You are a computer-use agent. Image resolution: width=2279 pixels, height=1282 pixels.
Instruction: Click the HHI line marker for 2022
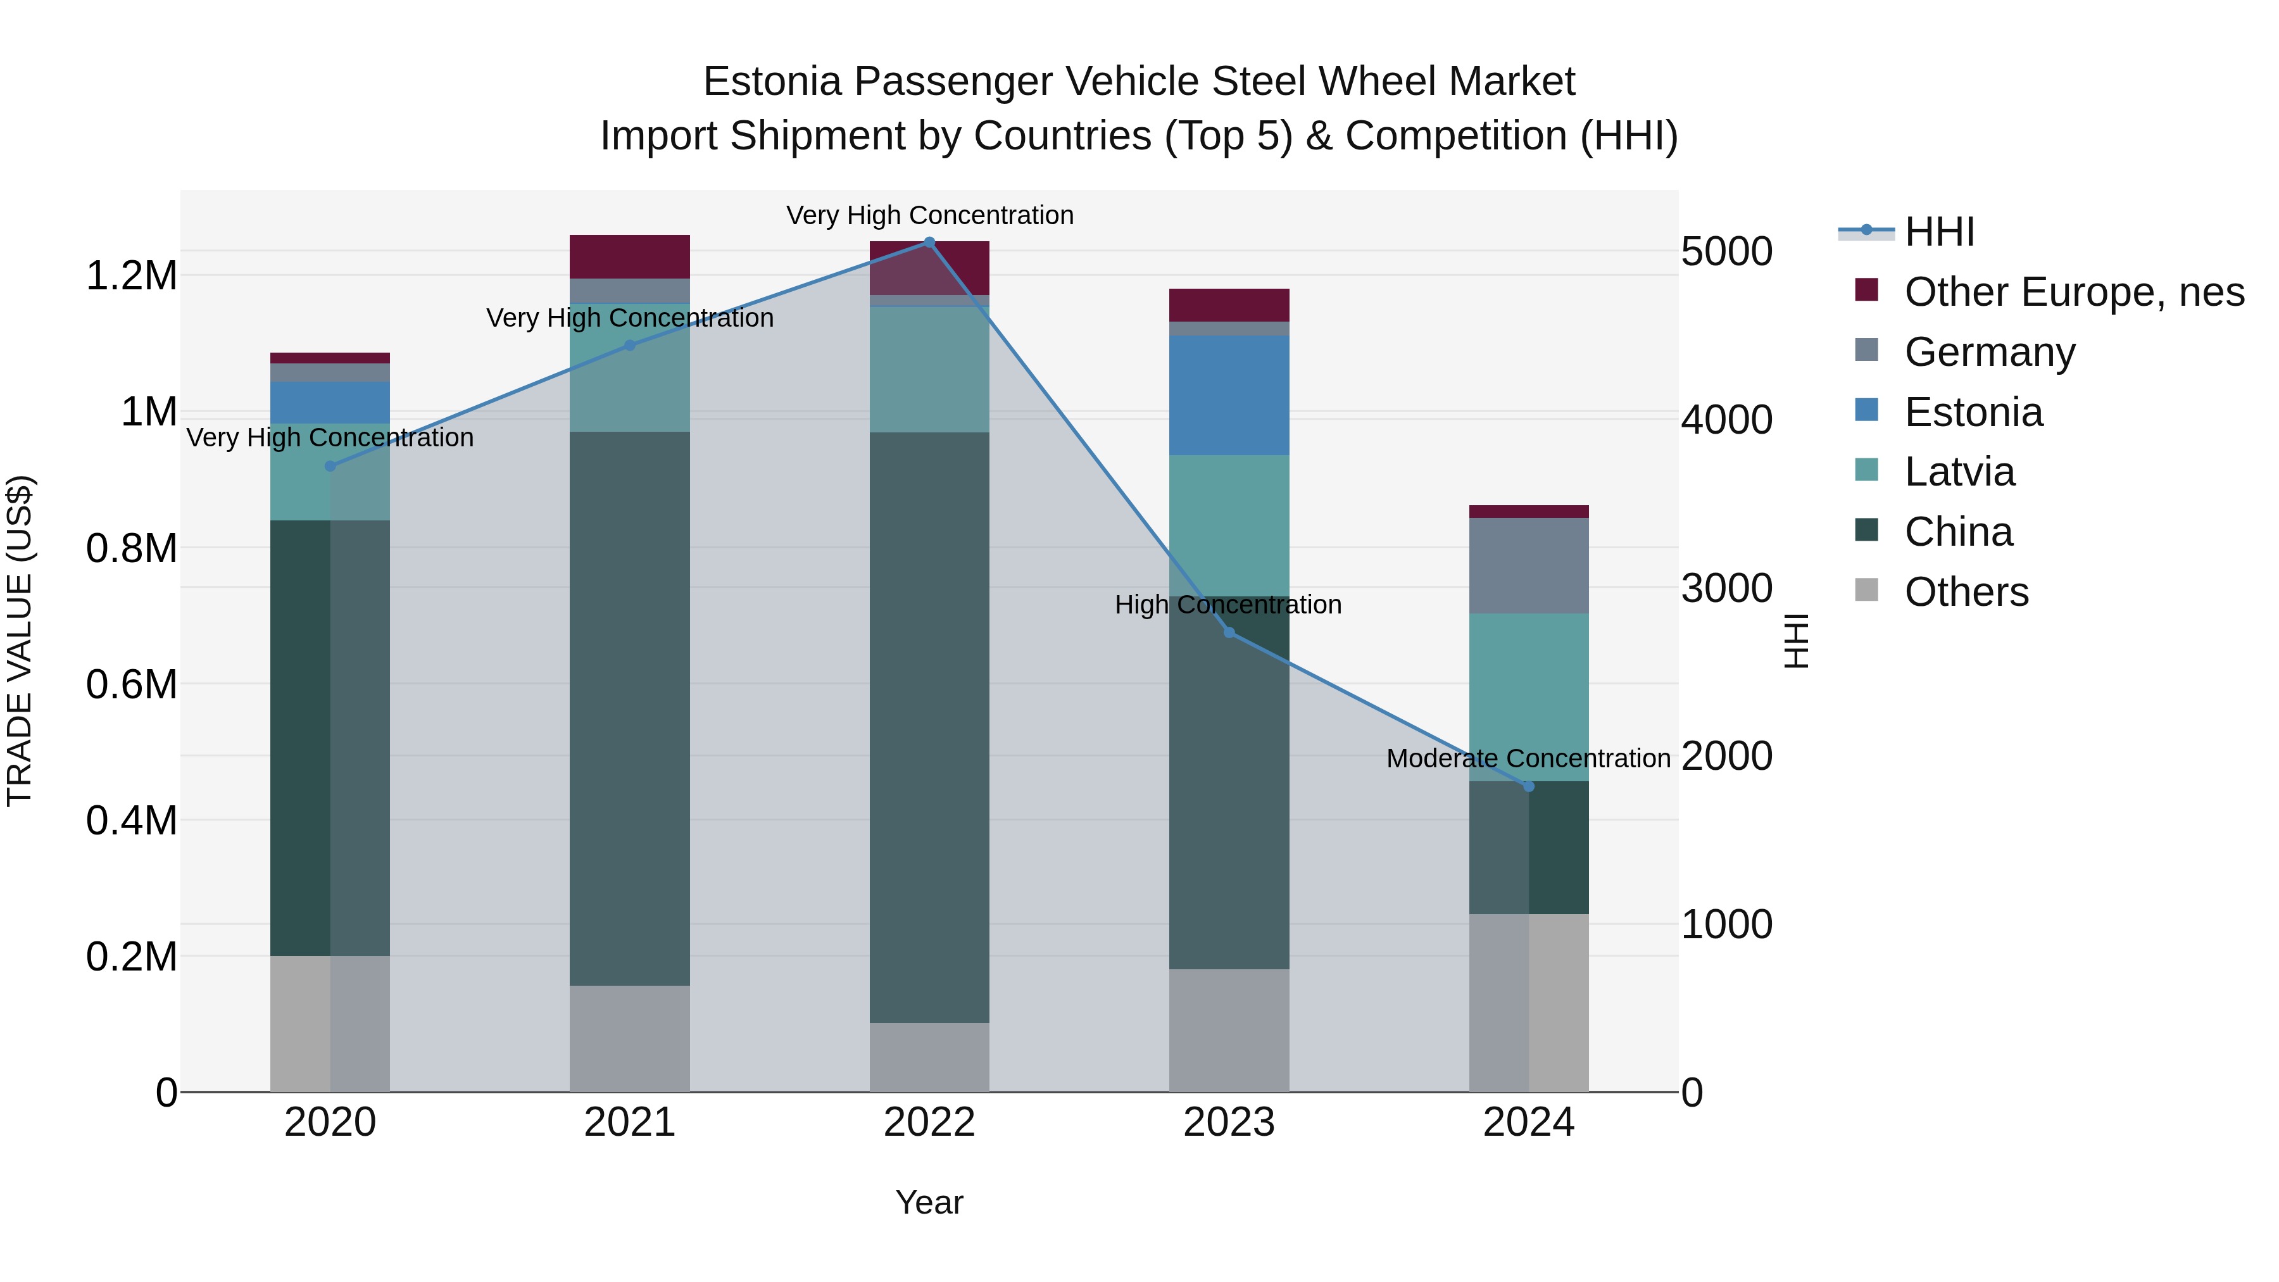tap(929, 242)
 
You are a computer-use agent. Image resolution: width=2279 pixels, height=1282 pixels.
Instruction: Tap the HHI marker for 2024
tap(1528, 786)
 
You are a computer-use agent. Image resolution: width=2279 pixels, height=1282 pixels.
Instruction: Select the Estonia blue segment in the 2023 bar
tap(1229, 396)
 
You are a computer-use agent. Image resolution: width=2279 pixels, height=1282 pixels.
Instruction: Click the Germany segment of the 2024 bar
tap(1528, 565)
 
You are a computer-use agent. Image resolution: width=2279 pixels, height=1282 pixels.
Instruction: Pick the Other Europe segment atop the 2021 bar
tap(629, 256)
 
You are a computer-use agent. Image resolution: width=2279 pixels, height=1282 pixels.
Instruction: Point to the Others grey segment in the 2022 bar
tap(929, 1057)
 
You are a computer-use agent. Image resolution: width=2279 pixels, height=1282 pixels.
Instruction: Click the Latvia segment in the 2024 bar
tap(1528, 696)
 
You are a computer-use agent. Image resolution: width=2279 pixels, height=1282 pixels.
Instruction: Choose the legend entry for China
tap(1958, 532)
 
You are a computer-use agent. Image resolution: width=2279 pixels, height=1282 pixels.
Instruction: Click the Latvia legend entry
tap(1959, 472)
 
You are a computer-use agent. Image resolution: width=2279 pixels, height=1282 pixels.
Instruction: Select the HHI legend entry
tap(1938, 232)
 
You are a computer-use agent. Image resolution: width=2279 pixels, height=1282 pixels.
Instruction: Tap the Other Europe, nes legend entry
tap(2073, 292)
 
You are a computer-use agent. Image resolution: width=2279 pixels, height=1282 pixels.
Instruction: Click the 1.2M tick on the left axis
tap(131, 276)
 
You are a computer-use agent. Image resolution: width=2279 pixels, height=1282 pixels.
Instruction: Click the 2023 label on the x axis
tap(1229, 1122)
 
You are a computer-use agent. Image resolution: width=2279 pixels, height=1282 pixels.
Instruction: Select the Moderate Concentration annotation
tap(1528, 758)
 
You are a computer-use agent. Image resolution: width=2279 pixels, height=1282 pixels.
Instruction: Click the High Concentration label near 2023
tap(1228, 605)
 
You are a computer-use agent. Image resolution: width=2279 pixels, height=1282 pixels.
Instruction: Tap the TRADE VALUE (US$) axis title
tap(20, 641)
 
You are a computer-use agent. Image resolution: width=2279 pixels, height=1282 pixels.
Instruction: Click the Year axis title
tap(929, 1202)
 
